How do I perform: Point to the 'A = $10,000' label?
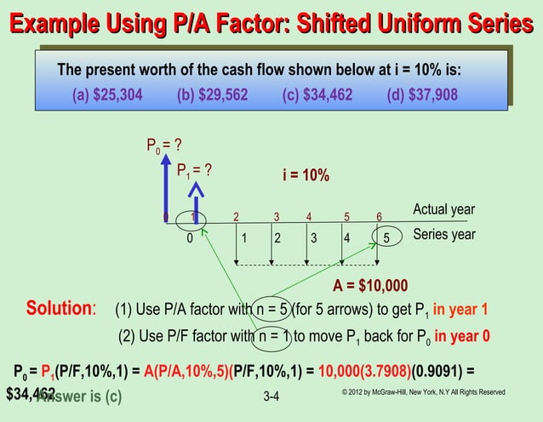[370, 285]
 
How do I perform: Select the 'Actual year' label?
[443, 210]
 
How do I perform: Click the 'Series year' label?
[443, 234]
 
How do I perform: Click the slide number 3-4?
[272, 397]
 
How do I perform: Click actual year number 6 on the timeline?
[380, 216]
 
